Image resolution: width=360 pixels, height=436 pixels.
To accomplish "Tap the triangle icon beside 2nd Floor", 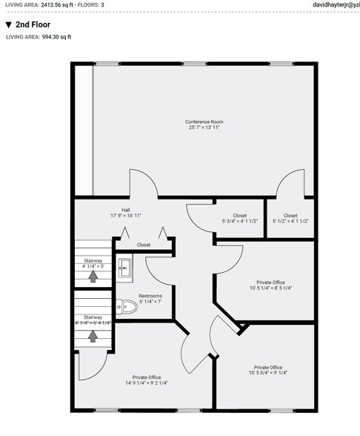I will (x=8, y=24).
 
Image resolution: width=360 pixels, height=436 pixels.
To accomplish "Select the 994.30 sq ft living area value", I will (x=57, y=36).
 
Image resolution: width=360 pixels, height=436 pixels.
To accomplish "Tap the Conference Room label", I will (x=204, y=122).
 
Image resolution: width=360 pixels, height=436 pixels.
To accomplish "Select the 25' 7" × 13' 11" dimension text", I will (x=204, y=128).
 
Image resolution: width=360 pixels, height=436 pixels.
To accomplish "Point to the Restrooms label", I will (x=150, y=297).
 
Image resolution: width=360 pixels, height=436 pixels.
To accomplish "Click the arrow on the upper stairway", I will (x=93, y=277).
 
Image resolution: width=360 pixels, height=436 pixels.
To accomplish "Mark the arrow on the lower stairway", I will (x=93, y=335).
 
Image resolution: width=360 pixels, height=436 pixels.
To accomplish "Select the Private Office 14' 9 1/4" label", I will (x=146, y=377).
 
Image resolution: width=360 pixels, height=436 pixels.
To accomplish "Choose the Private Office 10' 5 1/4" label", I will (x=270, y=282).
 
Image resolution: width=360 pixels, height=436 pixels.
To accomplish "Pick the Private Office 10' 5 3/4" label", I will (x=267, y=367).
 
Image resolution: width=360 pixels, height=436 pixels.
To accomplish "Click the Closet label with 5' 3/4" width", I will (x=239, y=216).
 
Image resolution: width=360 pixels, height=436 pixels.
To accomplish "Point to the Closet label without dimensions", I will (x=144, y=245).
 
